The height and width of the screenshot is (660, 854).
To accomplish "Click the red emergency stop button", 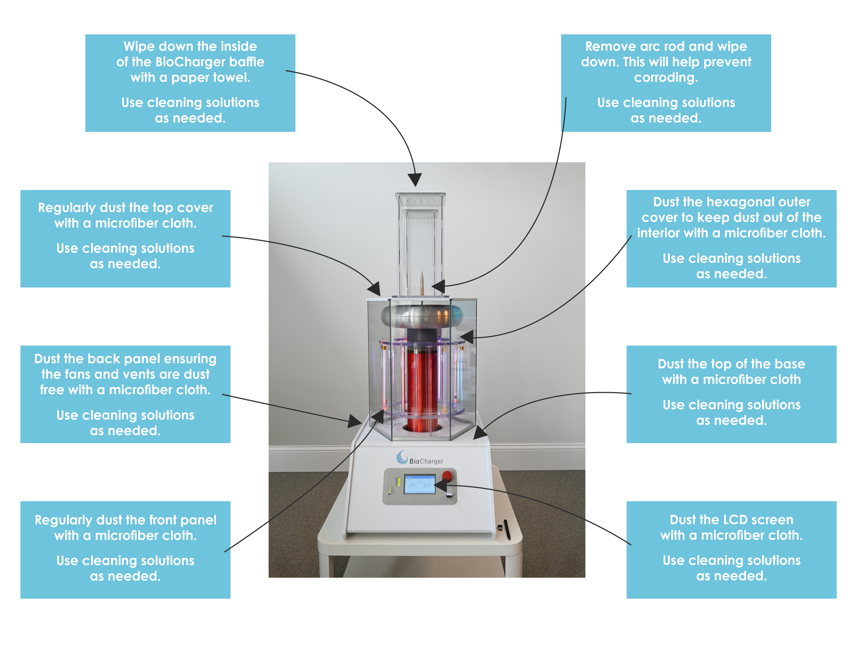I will pos(447,476).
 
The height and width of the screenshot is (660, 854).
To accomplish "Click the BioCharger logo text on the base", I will pos(426,461).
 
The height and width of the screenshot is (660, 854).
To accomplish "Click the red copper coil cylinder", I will pos(422,387).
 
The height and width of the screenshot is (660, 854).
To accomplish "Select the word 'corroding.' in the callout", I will pos(666,77).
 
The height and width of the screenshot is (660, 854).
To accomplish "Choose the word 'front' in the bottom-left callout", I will pos(161,520).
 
